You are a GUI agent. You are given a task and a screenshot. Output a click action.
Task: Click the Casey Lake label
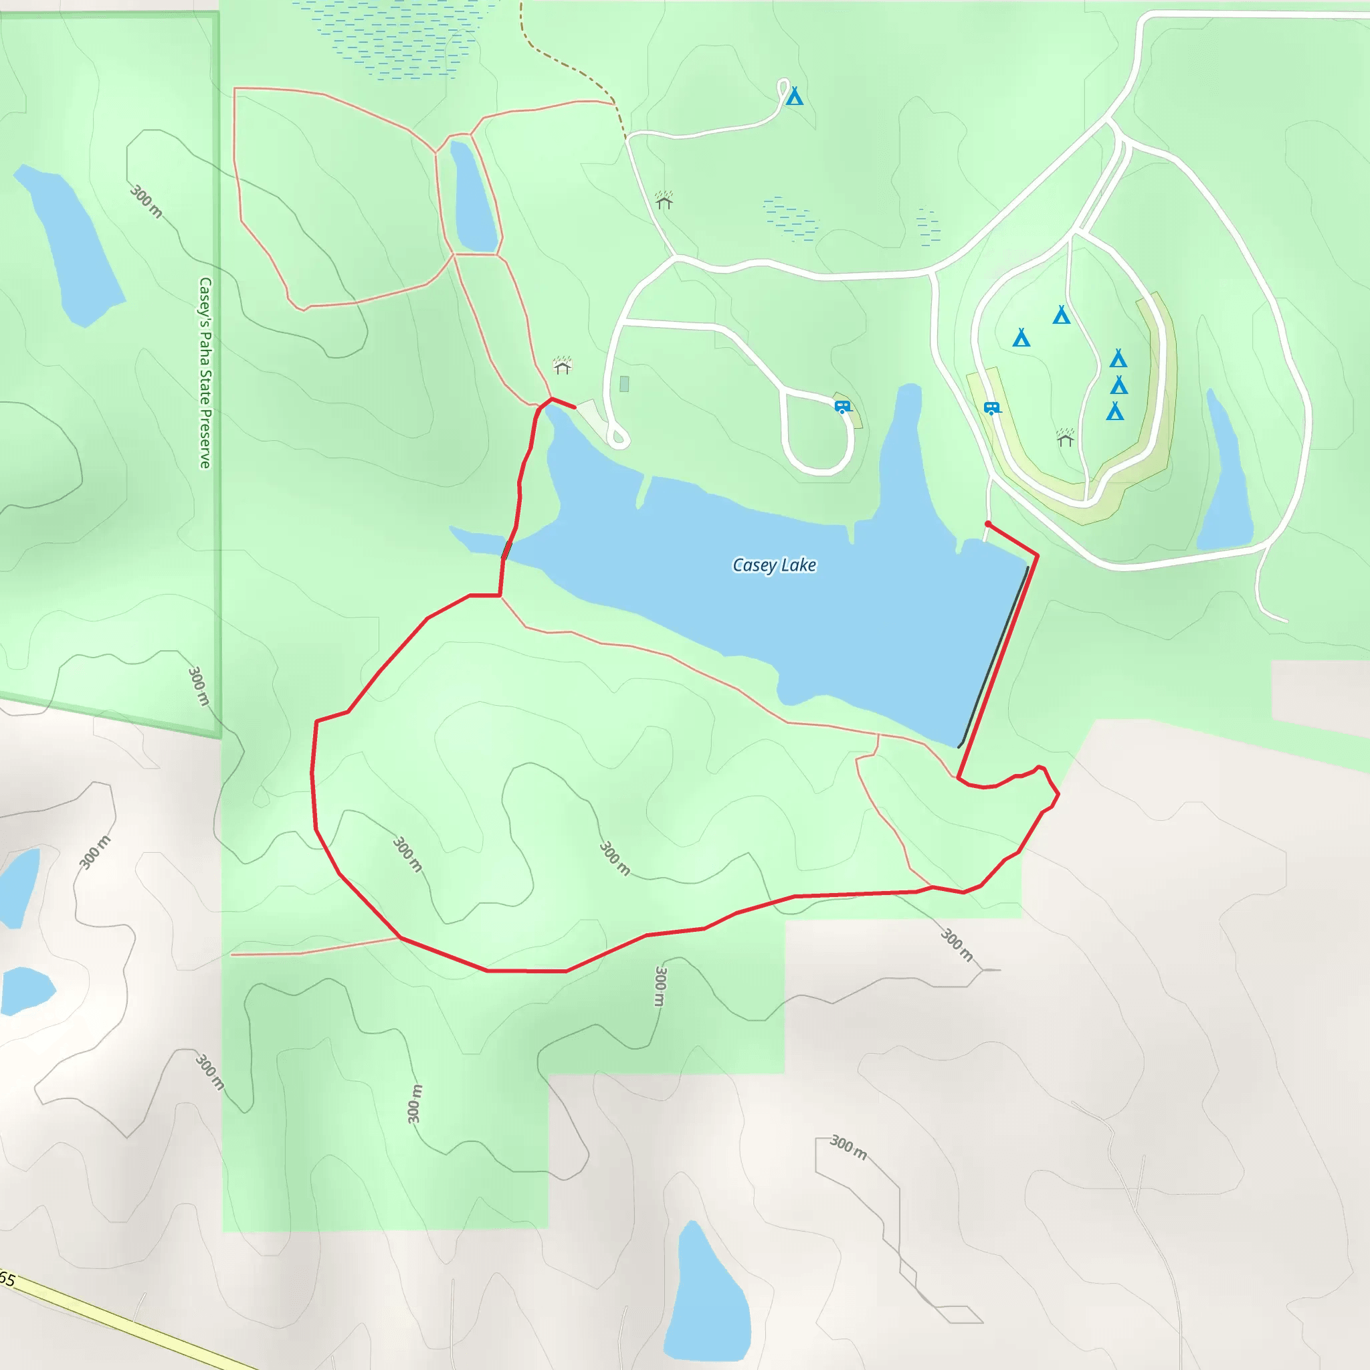click(774, 565)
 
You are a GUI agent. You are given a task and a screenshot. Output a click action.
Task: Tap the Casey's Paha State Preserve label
click(205, 373)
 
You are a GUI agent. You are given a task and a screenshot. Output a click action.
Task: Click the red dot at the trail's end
click(988, 524)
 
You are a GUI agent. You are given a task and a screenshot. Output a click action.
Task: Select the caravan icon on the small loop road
click(842, 406)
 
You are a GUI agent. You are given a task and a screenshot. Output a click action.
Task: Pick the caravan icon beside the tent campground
click(991, 408)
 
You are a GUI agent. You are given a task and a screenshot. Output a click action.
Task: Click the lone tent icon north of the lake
click(795, 96)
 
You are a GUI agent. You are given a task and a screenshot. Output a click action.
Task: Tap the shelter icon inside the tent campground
click(1065, 438)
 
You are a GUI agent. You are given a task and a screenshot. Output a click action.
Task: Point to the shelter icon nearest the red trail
click(563, 366)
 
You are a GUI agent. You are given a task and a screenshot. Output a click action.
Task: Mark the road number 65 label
click(7, 1278)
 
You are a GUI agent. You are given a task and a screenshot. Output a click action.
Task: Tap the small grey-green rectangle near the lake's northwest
click(624, 385)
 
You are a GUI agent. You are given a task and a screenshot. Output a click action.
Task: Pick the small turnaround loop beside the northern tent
click(783, 89)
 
